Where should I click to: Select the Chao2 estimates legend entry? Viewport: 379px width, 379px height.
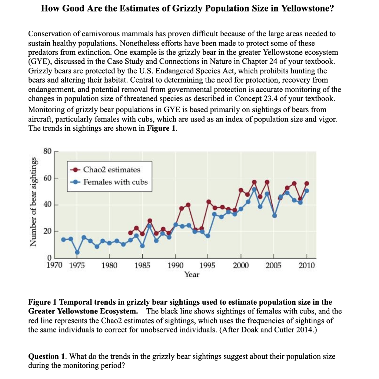click(112, 170)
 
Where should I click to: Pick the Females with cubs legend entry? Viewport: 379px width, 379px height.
click(115, 182)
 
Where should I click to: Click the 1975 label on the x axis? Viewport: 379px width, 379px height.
click(77, 265)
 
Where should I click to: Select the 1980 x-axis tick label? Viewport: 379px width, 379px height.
click(109, 265)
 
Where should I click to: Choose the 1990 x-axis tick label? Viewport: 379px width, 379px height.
click(175, 265)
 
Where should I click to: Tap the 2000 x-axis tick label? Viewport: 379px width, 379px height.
click(241, 265)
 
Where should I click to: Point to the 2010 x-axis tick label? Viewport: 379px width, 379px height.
click(307, 265)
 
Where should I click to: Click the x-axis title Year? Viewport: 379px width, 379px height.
click(192, 275)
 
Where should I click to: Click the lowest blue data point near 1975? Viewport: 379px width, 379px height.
click(77, 252)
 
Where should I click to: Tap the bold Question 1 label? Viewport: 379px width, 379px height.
click(47, 357)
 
